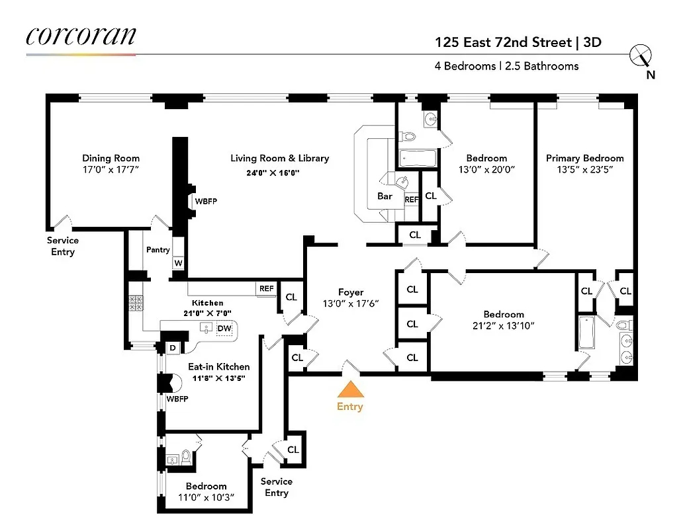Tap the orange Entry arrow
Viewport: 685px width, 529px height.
[x=349, y=388]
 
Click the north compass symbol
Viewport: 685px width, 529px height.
[x=642, y=56]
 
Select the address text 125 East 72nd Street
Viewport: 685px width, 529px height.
[x=504, y=43]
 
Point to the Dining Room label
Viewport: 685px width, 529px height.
[x=111, y=158]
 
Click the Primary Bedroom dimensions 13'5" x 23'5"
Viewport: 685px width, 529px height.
[x=584, y=169]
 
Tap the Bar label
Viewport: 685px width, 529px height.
[x=385, y=196]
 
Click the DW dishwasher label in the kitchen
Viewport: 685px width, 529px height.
[x=224, y=328]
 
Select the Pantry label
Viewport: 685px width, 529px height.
[x=158, y=249]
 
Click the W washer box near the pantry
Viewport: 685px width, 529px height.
[x=178, y=263]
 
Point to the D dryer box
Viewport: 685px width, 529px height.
[x=172, y=348]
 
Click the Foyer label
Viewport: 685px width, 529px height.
[x=351, y=292]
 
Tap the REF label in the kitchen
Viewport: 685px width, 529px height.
[x=266, y=288]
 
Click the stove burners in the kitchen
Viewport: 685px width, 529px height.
[x=136, y=303]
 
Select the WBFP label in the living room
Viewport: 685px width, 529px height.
[x=206, y=200]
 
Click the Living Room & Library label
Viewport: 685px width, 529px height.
[x=279, y=158]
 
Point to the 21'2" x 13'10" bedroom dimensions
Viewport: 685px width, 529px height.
[x=503, y=325]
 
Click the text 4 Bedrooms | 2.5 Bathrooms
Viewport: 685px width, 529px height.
[x=506, y=66]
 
